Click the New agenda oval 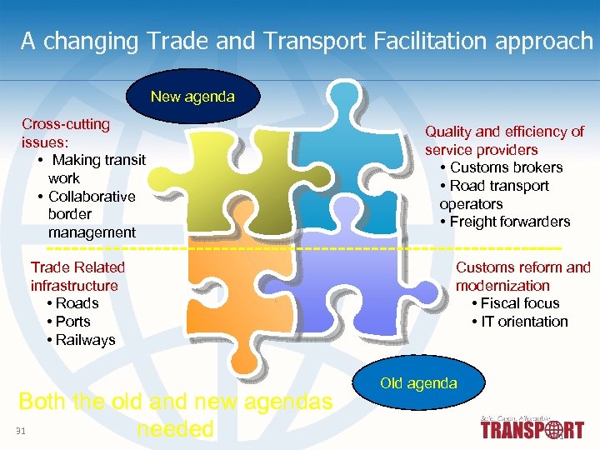[192, 97]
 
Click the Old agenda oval [418, 383]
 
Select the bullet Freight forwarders [509, 222]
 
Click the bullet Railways [85, 340]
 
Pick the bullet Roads [77, 303]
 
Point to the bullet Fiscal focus [519, 303]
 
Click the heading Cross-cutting [66, 124]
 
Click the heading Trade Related [77, 267]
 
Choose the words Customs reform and [522, 267]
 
